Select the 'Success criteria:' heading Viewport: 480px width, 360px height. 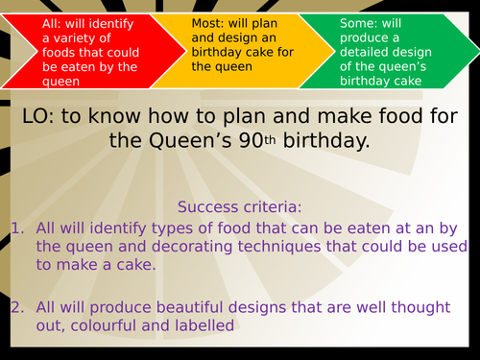(x=238, y=206)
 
